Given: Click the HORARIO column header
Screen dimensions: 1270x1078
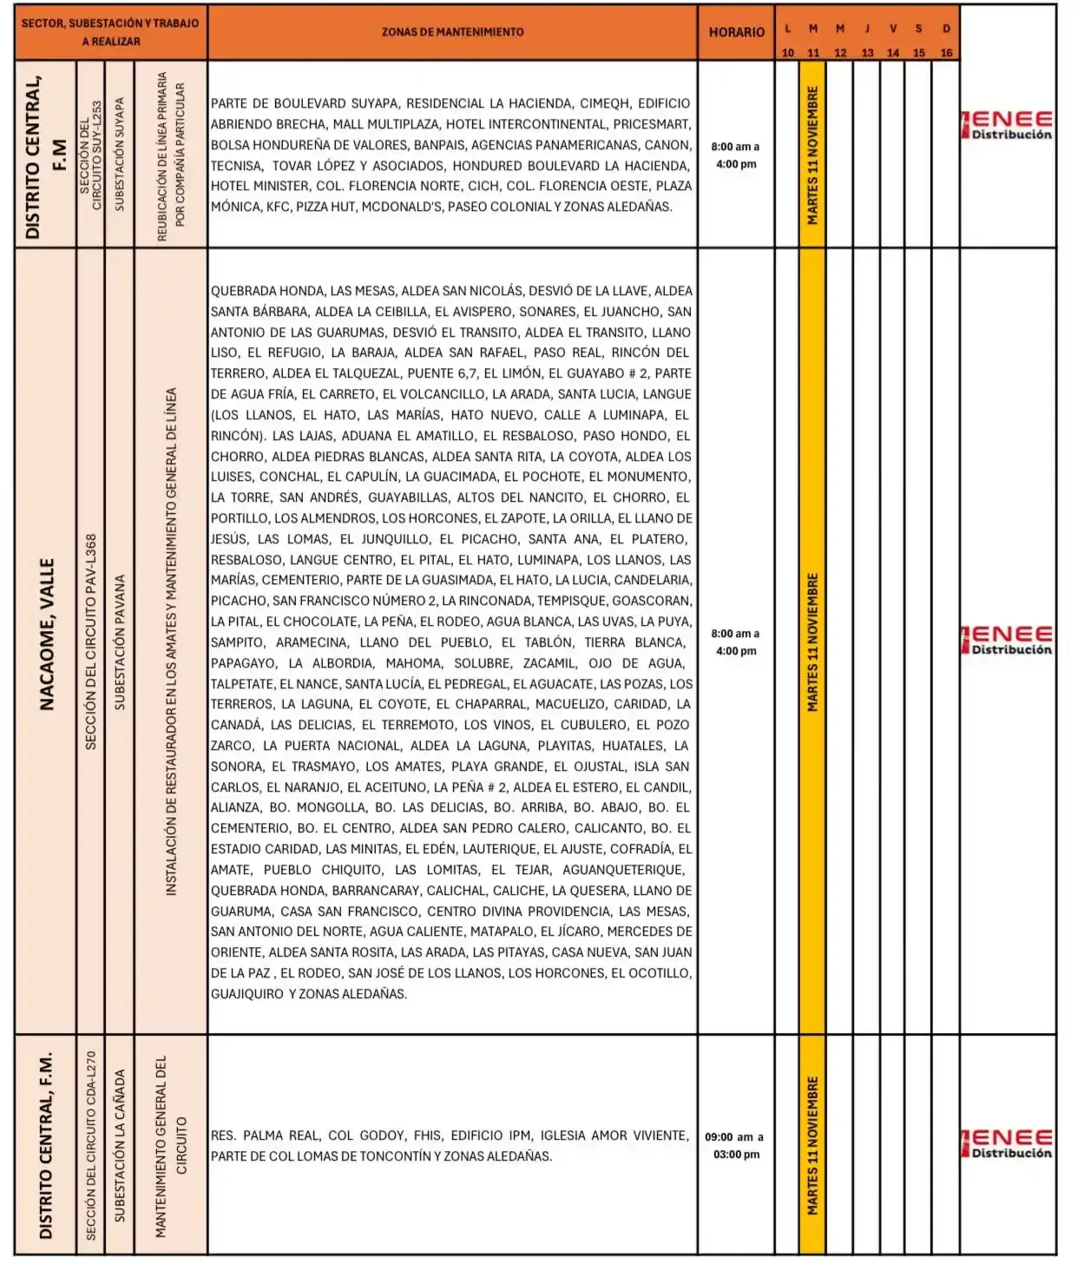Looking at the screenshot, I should pos(736,32).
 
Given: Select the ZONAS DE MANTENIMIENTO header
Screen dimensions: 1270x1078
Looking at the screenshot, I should pos(452,32).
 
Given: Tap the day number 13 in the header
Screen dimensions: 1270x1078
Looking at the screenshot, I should pos(867,53).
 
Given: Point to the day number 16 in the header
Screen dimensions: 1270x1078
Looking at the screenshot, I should pos(946,53).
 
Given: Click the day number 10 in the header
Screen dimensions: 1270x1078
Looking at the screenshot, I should pos(787,53).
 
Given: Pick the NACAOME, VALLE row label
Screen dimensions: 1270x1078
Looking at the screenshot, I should pos(47,634).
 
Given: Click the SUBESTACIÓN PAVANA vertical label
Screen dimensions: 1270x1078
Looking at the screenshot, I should pos(120,642).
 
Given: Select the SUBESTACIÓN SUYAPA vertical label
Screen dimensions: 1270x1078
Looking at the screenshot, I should pos(120,154).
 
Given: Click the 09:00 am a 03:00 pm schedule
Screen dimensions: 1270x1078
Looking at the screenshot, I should pos(735,1145).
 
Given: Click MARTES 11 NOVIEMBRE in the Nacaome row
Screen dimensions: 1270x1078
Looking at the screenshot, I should pos(812,642).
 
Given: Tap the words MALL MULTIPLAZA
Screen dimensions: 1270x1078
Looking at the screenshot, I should pos(384,124).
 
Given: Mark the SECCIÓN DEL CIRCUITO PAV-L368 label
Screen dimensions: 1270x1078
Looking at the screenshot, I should pos(91,642).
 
